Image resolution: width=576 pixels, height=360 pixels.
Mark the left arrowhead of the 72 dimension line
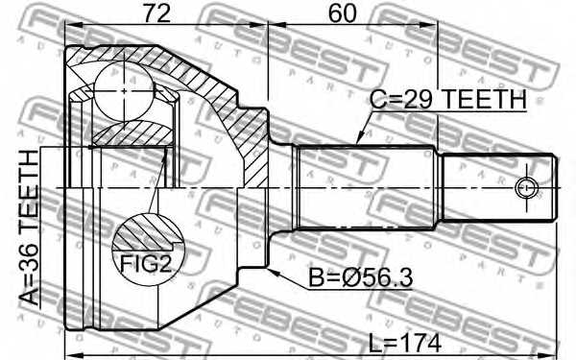[x=69, y=27]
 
